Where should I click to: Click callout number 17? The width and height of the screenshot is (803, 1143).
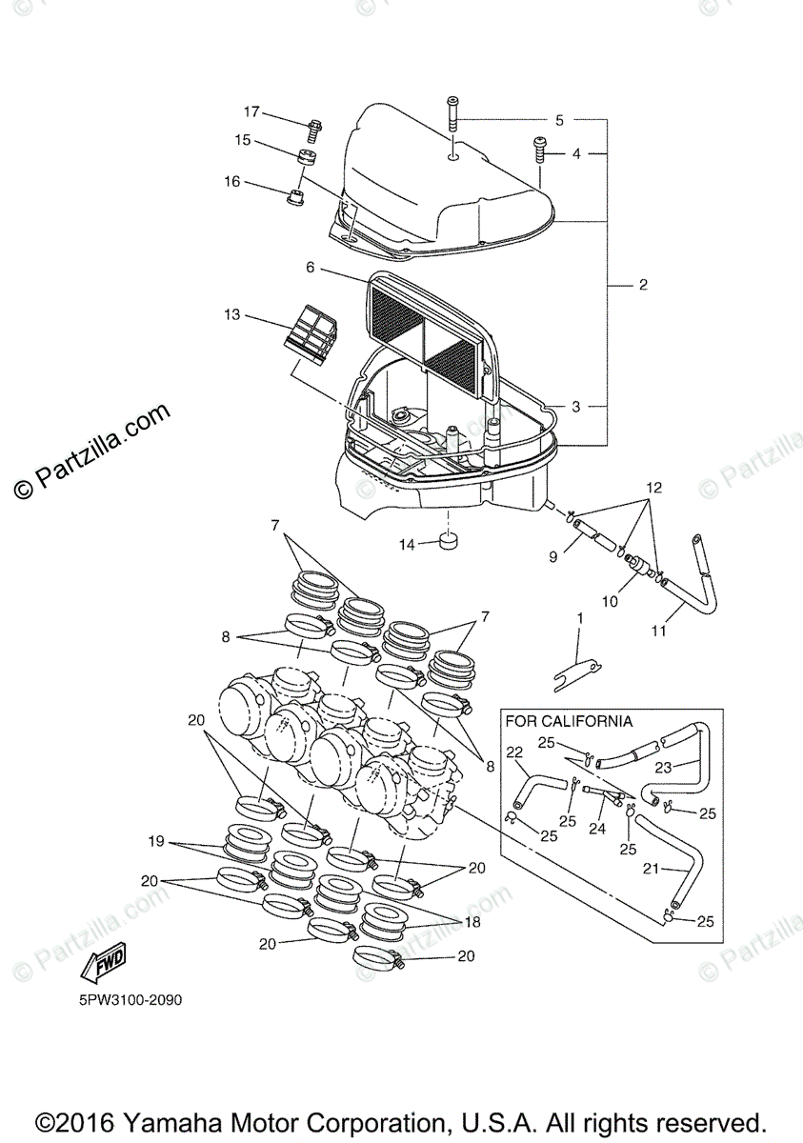pos(251,112)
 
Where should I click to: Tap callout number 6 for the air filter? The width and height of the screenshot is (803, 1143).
pos(311,269)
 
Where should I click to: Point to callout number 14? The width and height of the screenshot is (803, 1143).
pos(408,545)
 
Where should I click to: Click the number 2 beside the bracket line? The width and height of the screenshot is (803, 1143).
pos(643,284)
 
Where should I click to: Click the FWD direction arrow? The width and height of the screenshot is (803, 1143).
pos(104,963)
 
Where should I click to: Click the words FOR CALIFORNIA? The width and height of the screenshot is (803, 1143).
pos(569,721)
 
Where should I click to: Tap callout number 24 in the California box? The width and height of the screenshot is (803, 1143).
pos(596,829)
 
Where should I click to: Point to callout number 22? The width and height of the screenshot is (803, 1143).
pos(514,752)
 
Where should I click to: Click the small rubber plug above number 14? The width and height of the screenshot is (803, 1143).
pos(447,543)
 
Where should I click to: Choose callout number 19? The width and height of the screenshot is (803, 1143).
pos(156,841)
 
